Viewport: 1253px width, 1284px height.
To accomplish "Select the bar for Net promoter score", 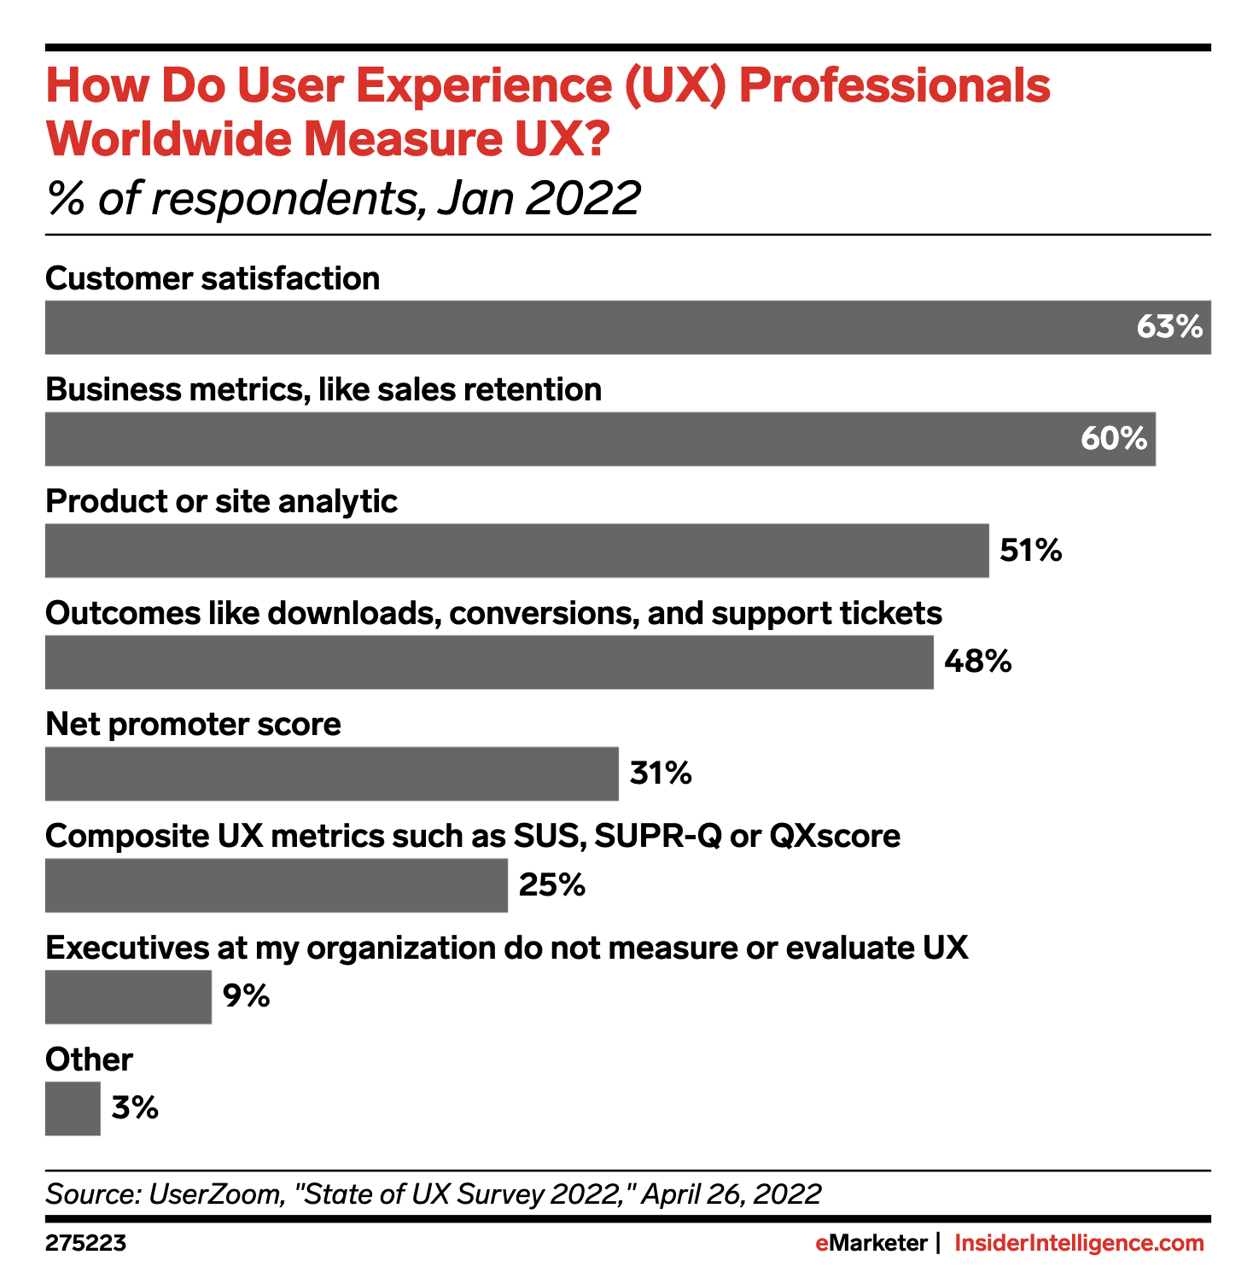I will pos(331,773).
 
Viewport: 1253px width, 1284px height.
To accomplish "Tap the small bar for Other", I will pos(73,1108).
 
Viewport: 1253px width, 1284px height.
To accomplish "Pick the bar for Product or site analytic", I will pos(516,551).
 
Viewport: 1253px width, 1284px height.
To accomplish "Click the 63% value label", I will pos(1168,327).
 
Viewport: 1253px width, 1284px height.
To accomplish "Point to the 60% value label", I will pos(1113,439).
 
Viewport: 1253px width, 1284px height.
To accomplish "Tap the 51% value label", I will pos(1030,551).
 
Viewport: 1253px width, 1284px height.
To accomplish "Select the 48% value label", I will pos(977,662).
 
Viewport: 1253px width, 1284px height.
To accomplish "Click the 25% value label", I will pos(551,885).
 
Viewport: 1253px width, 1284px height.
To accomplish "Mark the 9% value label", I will pos(246,996).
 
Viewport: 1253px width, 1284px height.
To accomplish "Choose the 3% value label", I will pos(135,1108).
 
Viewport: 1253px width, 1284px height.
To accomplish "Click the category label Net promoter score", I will pos(193,725).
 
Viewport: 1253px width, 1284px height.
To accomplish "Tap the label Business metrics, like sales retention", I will pos(323,390).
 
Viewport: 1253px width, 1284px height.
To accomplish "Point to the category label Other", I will pos(89,1059).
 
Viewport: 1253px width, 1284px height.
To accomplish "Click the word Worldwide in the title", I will pos(166,139).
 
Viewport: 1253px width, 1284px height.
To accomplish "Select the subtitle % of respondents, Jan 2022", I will pos(342,198).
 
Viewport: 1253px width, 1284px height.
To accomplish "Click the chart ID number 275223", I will pos(85,1244).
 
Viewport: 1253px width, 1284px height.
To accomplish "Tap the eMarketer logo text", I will pos(871,1244).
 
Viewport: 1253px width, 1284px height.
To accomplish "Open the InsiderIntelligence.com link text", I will pos(1079,1244).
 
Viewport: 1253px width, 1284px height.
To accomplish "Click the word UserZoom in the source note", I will pos(215,1194).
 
